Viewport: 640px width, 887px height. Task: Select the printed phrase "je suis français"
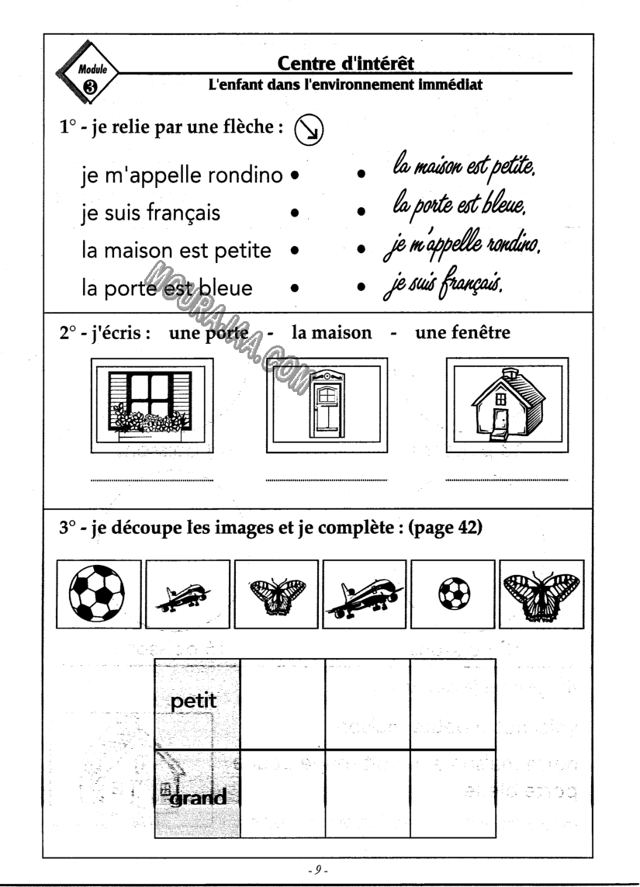[x=152, y=213]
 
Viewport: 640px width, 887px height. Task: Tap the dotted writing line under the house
[x=507, y=480]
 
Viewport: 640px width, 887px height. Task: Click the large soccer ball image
[x=99, y=594]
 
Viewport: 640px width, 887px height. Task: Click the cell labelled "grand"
[x=197, y=795]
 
